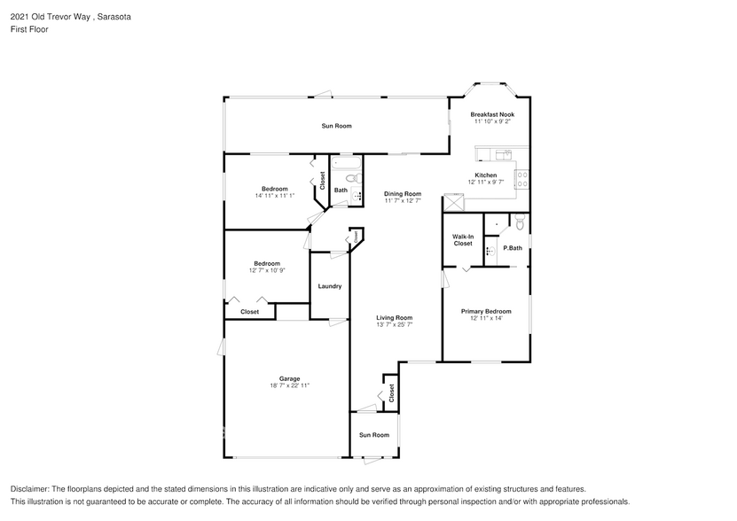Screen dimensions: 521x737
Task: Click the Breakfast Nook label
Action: (x=492, y=114)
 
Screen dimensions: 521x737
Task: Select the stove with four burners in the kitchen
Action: (x=522, y=181)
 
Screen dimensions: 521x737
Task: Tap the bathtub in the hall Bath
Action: (x=345, y=164)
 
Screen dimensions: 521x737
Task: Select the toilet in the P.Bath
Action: (x=521, y=222)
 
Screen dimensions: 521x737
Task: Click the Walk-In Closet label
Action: (x=463, y=240)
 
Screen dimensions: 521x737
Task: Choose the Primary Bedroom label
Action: (x=486, y=311)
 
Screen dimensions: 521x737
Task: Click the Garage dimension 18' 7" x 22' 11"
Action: (x=290, y=385)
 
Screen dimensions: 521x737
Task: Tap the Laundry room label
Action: (x=330, y=286)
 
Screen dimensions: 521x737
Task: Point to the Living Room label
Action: (x=395, y=317)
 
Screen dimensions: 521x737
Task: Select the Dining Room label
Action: (x=403, y=193)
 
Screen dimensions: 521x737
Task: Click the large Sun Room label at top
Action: (x=336, y=126)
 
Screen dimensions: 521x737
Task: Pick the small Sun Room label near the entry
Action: (x=374, y=435)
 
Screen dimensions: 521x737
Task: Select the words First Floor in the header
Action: (x=29, y=29)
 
